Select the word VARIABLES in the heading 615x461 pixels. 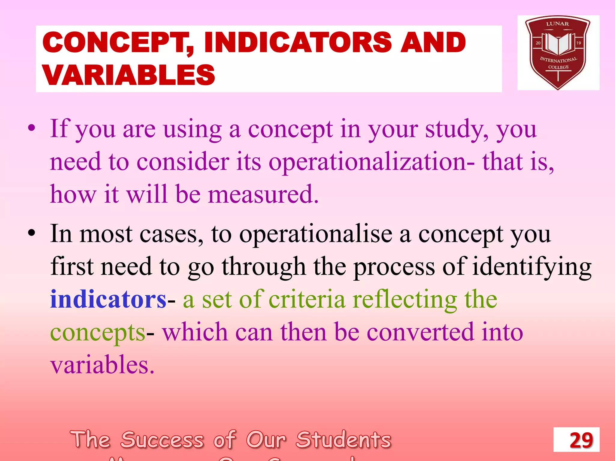point(129,75)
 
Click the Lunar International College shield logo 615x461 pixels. point(558,53)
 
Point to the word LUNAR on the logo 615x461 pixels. point(557,24)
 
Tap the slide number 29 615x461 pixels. point(581,440)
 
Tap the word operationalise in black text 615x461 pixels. point(316,234)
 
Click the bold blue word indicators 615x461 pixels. point(108,300)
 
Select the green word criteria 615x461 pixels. point(307,300)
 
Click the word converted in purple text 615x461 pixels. point(420,333)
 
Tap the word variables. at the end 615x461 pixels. point(102,365)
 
